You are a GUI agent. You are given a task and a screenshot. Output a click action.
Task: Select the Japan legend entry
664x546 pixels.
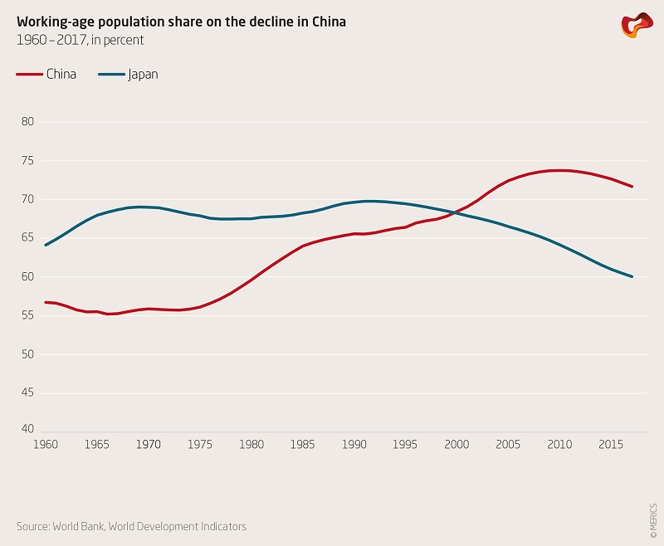click(142, 75)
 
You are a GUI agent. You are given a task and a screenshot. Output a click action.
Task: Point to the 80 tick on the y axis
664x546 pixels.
click(27, 122)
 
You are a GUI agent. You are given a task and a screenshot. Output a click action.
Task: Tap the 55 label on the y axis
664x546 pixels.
click(27, 315)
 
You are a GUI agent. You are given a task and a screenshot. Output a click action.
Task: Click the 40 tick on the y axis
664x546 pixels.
click(27, 429)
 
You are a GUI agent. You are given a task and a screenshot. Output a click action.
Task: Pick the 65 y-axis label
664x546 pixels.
click(27, 238)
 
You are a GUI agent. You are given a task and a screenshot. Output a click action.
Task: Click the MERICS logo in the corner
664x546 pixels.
click(637, 25)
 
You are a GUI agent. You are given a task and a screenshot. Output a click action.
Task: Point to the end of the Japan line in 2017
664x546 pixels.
click(632, 276)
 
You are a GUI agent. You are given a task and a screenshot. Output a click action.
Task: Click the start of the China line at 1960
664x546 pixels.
click(46, 302)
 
